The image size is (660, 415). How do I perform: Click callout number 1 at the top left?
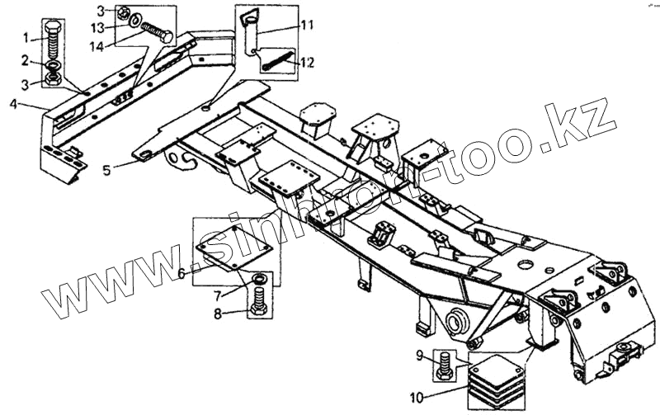pos(26,38)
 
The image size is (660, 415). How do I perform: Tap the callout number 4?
pos(14,103)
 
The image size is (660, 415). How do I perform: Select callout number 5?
pos(106,172)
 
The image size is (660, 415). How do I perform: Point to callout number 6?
pos(180,274)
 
